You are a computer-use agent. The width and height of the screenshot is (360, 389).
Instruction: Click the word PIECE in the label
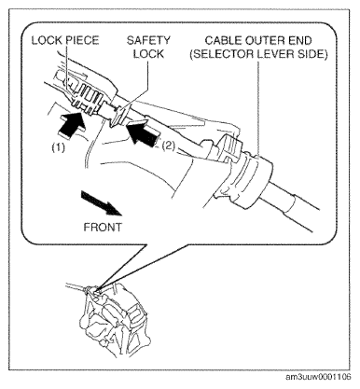(82, 40)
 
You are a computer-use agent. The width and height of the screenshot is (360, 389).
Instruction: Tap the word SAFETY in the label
(148, 40)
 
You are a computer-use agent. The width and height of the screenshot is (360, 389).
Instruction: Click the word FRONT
(103, 227)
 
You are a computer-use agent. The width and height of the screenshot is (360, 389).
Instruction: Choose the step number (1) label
(59, 147)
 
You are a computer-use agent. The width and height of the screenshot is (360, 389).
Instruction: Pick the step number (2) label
(168, 146)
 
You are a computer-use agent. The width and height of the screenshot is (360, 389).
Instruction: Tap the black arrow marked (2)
(143, 133)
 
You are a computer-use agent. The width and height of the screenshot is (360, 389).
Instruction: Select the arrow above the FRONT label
(101, 202)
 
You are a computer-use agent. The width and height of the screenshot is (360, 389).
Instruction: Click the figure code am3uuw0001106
(318, 377)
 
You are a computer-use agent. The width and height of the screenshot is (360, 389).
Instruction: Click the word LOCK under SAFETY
(148, 54)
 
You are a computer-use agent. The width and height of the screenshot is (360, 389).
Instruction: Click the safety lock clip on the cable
(118, 117)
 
